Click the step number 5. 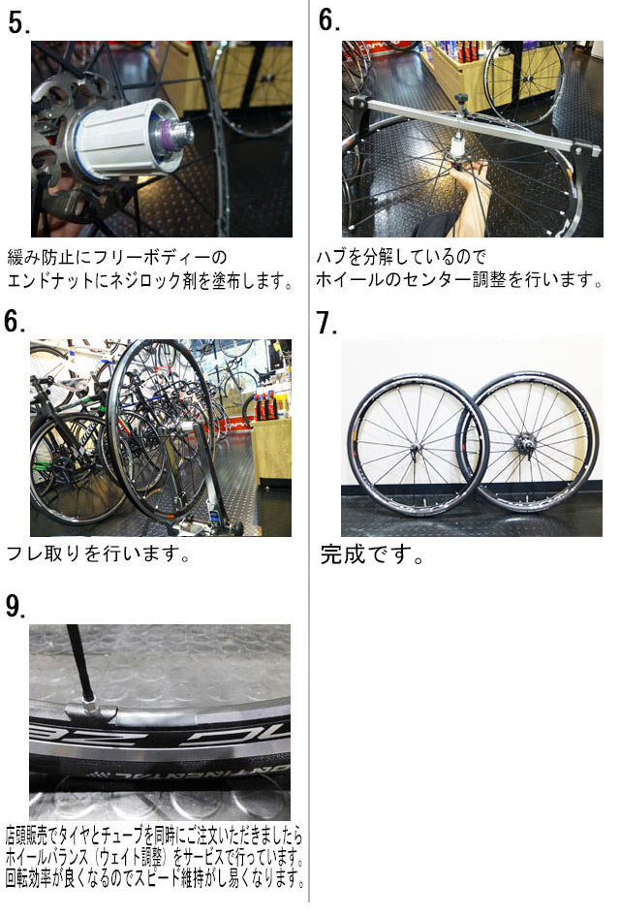pos(19,23)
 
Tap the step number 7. pos(326,323)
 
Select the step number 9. pos(15,607)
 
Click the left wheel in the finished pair pos(418,443)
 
